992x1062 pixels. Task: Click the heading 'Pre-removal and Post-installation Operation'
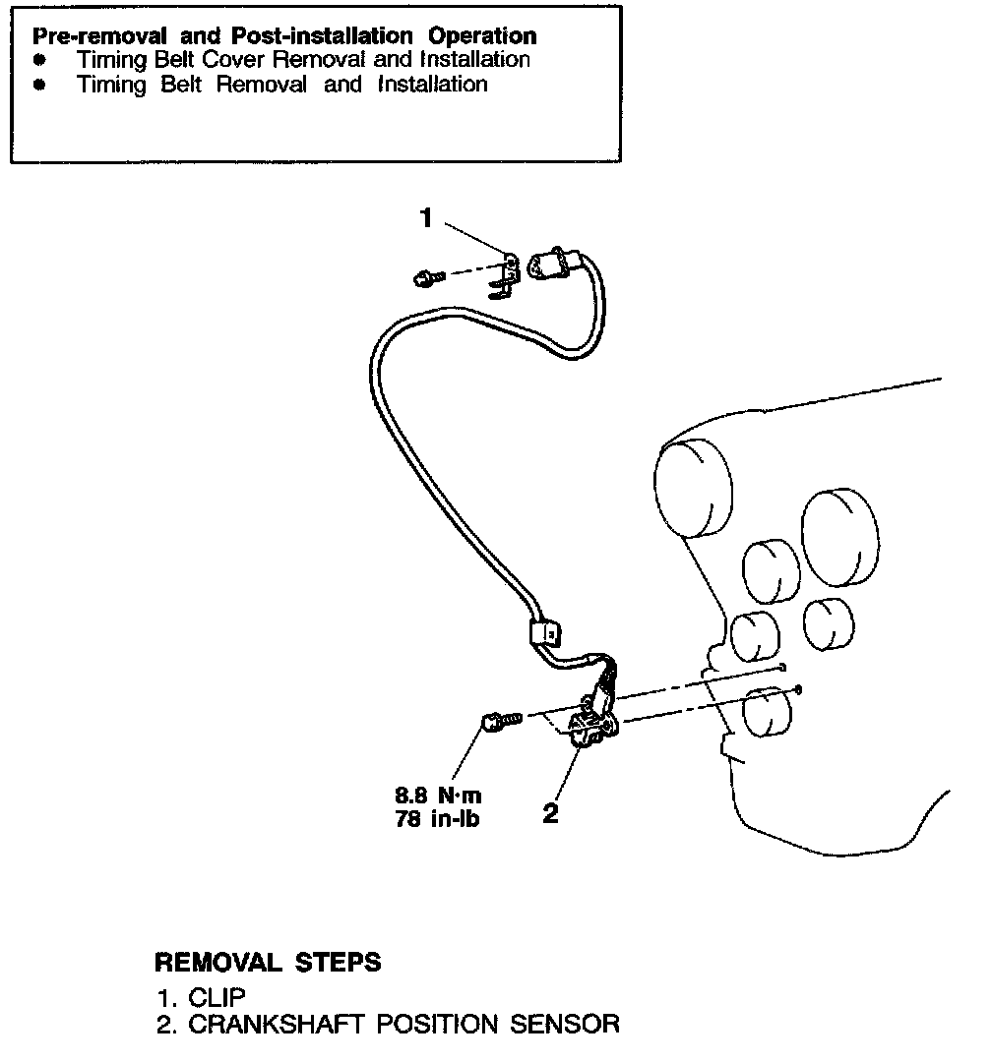(x=284, y=36)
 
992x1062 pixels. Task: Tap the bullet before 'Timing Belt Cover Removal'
(x=39, y=60)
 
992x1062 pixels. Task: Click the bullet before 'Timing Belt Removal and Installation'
(x=39, y=85)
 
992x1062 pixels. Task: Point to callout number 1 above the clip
(x=426, y=218)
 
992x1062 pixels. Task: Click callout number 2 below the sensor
(x=550, y=813)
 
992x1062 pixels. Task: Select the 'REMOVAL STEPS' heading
(x=268, y=962)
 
